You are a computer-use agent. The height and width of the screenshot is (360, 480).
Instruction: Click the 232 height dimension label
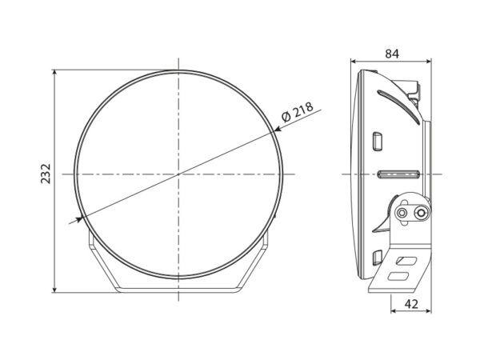point(46,174)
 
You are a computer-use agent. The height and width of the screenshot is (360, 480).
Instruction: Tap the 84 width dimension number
point(392,54)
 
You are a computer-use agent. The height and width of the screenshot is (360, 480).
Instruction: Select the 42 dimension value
point(411,304)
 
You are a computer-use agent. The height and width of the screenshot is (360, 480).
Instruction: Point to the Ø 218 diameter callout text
point(298,112)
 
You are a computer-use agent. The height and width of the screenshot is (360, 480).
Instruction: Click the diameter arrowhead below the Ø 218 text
point(278,129)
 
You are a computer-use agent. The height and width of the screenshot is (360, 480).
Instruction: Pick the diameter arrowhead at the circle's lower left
point(79,219)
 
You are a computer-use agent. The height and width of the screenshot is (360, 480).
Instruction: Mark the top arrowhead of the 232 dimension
point(54,72)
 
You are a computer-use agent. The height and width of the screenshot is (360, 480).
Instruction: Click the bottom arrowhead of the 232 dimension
point(54,290)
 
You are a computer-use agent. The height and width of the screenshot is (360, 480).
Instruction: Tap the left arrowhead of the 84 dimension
point(354,62)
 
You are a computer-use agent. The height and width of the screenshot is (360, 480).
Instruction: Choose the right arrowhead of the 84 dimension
point(429,62)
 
